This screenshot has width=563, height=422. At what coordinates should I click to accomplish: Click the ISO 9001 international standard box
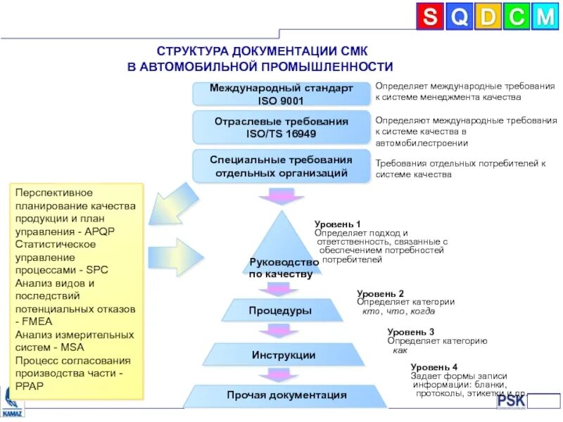pyautogui.click(x=281, y=94)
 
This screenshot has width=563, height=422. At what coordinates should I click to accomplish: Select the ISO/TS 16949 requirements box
pyautogui.click(x=281, y=127)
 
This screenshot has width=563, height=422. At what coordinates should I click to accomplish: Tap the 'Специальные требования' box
pyautogui.click(x=281, y=166)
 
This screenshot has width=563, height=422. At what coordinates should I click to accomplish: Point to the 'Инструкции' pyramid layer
pyautogui.click(x=284, y=355)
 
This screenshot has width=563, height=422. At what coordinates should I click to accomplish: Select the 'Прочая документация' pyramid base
pyautogui.click(x=286, y=395)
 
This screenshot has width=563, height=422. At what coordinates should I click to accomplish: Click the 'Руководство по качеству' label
pyautogui.click(x=281, y=268)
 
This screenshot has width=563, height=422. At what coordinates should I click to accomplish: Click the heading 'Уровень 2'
pyautogui.click(x=380, y=293)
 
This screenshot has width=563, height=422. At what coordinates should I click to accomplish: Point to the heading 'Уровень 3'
pyautogui.click(x=410, y=332)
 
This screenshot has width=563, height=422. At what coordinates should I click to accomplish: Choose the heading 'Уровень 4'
pyautogui.click(x=434, y=367)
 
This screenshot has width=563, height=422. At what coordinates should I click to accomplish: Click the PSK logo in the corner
pyautogui.click(x=512, y=402)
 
